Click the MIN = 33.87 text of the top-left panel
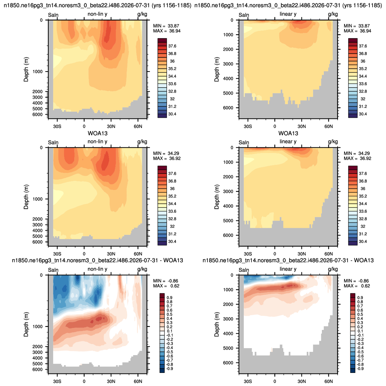[166, 26]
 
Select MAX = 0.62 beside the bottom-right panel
[357, 286]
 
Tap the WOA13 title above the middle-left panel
[98, 134]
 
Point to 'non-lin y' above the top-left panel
[97, 14]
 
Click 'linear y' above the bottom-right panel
[288, 269]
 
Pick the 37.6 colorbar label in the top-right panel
[363, 46]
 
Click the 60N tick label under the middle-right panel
[329, 254]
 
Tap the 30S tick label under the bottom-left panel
[57, 381]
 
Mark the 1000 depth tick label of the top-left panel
[37, 71]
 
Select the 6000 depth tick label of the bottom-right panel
[228, 363]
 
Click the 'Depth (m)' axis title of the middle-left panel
[26, 197]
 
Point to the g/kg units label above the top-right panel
[333, 14]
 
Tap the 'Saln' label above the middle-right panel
[244, 143]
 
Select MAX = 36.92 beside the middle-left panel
[167, 158]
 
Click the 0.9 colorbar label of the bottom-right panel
[360, 298]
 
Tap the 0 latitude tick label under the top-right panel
[275, 126]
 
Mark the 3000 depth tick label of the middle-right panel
[228, 191]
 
